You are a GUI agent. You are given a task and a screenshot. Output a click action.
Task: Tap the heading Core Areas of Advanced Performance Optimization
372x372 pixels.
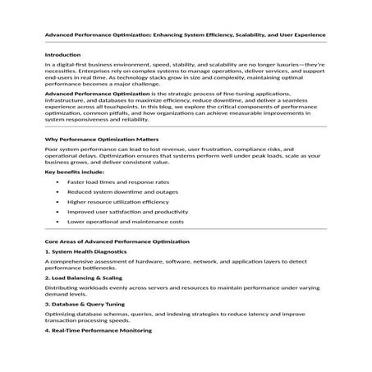(117, 242)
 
